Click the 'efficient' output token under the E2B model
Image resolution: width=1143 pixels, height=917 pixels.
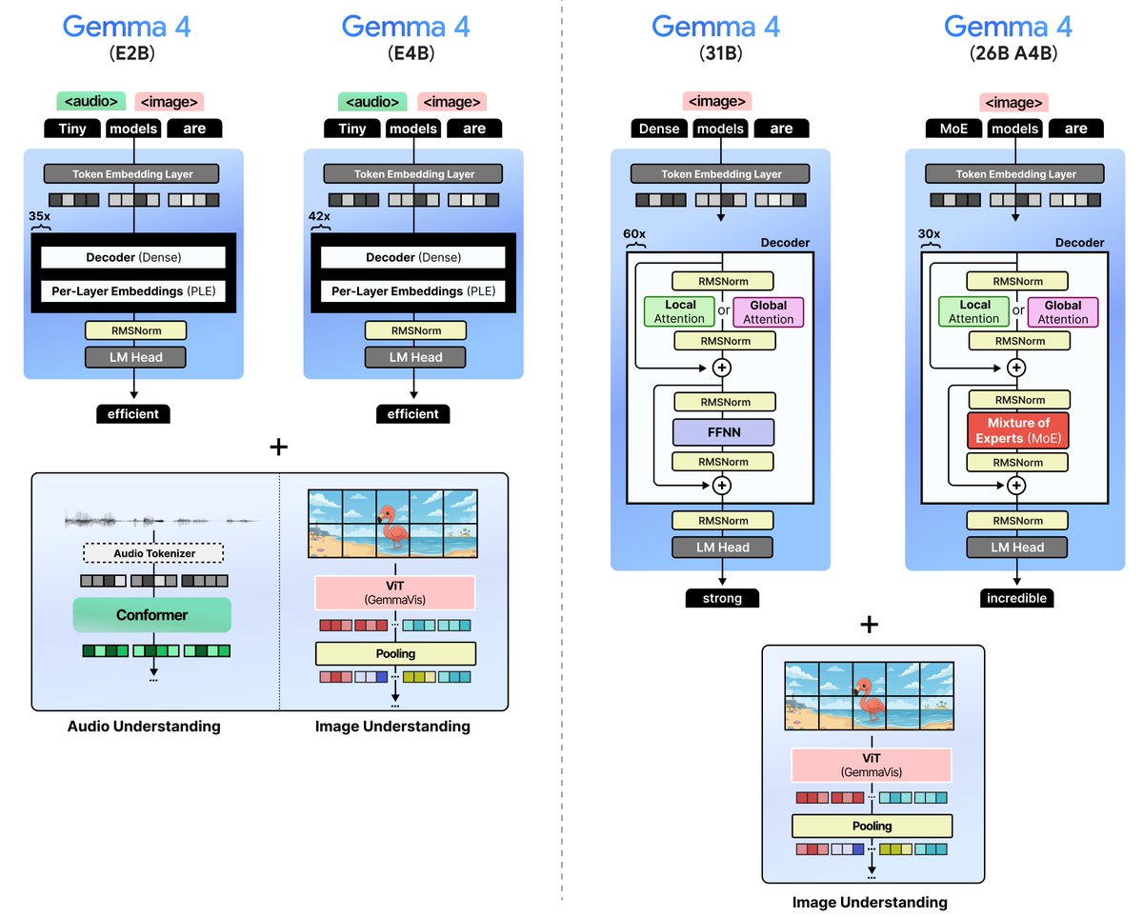coord(133,414)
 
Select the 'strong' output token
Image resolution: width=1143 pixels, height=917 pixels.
coord(721,598)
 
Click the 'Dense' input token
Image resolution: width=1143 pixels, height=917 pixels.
coord(659,129)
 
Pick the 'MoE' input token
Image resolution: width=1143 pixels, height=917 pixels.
coord(955,129)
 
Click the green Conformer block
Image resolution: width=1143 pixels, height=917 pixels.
coord(152,615)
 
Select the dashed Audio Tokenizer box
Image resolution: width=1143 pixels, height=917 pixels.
coord(152,552)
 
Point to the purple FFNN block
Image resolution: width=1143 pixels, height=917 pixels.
coord(723,433)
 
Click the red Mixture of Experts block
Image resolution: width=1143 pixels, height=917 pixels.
coord(1017,430)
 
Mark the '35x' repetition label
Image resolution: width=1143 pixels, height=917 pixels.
coord(40,217)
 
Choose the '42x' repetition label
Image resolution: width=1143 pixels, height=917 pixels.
coord(319,217)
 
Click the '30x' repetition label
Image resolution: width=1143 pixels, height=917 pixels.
coord(930,233)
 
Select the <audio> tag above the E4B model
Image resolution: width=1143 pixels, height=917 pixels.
coord(371,102)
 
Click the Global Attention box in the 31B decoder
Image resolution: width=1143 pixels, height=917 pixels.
coord(768,312)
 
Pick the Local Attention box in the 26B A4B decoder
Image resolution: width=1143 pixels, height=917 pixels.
coord(973,312)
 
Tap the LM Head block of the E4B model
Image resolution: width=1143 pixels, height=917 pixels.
coord(412,357)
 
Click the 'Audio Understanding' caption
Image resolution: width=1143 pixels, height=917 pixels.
coord(144,727)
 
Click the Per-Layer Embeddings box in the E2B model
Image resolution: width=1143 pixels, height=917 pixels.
coord(133,291)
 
